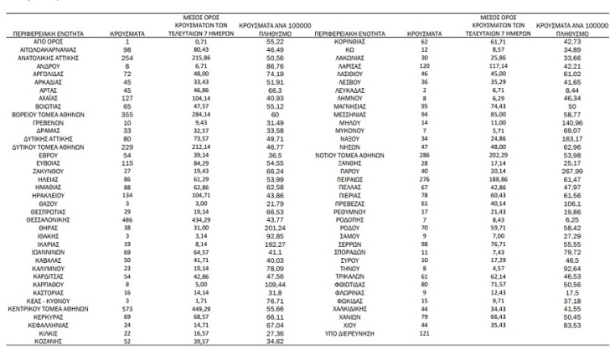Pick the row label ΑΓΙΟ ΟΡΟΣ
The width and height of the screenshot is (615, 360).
(x=51, y=41)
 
